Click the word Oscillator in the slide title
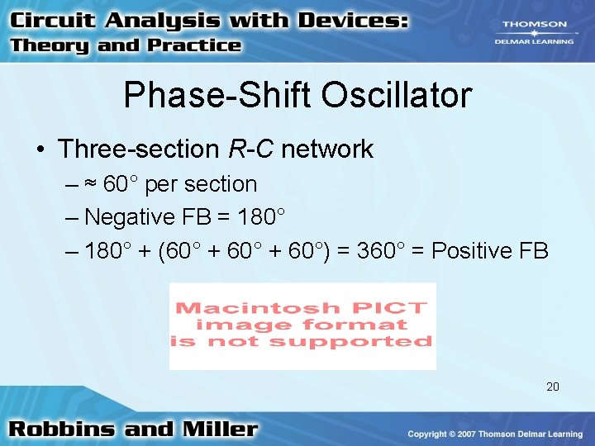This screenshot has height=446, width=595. point(397,96)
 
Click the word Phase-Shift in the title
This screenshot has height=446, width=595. point(217,96)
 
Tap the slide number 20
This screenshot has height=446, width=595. point(553,386)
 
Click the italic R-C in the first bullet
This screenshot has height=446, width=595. point(250,149)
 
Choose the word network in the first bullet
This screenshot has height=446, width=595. point(327,149)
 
